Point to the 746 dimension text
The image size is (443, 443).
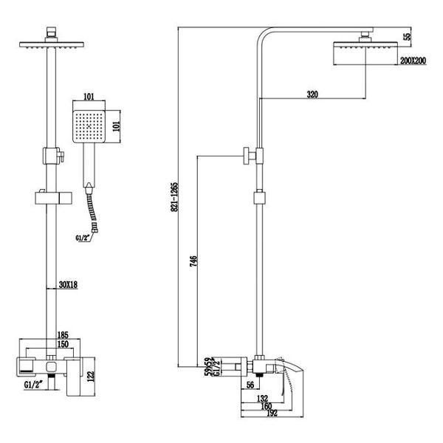tap(194, 264)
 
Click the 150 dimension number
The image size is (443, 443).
tap(64, 344)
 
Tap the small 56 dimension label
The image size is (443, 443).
tap(250, 385)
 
